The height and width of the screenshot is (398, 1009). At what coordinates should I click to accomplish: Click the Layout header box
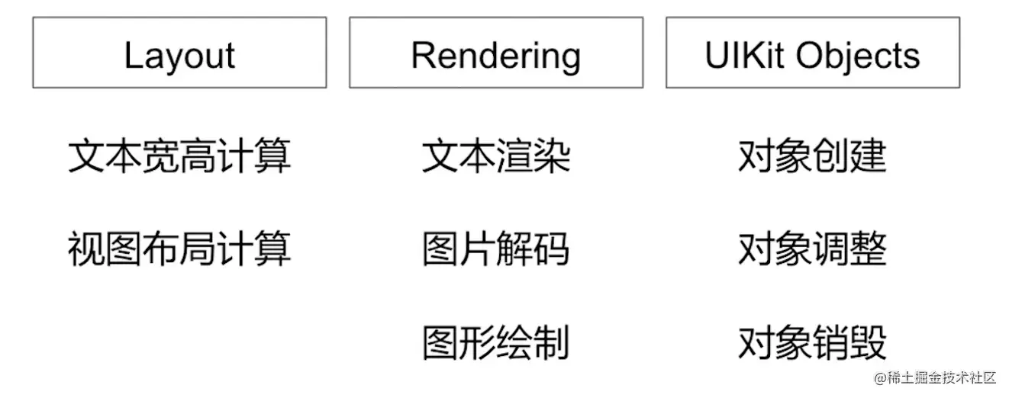179,53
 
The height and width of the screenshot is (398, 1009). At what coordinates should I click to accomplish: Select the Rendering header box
496,53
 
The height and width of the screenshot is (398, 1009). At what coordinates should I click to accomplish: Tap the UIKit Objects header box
812,53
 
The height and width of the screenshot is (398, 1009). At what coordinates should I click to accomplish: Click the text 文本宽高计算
179,156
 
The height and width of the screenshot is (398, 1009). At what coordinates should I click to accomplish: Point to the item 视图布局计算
179,249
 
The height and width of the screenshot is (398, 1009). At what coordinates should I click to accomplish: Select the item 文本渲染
496,156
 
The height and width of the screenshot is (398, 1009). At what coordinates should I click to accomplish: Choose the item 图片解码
496,249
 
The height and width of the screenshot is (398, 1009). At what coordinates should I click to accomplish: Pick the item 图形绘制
496,342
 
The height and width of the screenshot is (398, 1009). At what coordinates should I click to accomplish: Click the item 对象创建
812,156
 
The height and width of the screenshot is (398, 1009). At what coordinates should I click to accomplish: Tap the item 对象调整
812,249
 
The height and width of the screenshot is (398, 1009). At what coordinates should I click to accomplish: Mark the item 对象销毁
812,342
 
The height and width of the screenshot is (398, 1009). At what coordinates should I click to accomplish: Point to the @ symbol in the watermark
879,378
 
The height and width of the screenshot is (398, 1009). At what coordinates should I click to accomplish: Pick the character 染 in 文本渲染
552,156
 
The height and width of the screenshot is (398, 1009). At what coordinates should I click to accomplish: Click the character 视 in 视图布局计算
85,249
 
